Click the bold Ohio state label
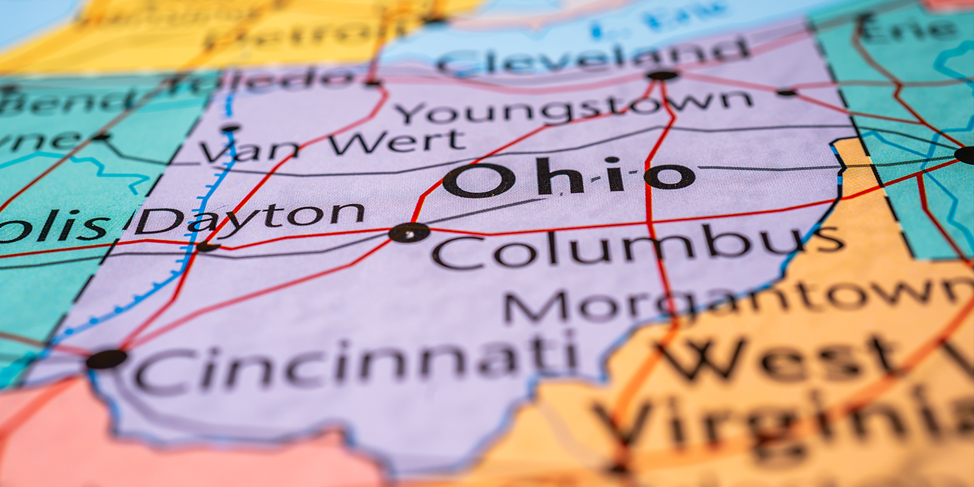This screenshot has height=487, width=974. pyautogui.click(x=569, y=177)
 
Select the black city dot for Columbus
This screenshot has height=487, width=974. pyautogui.click(x=409, y=232)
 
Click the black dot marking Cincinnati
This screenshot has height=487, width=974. pyautogui.click(x=106, y=359)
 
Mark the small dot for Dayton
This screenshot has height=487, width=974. pyautogui.click(x=206, y=247)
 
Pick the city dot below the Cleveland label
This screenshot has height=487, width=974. pyautogui.click(x=662, y=75)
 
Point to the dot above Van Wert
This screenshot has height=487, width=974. pyautogui.click(x=230, y=129)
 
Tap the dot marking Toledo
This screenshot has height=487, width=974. pyautogui.click(x=371, y=83)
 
